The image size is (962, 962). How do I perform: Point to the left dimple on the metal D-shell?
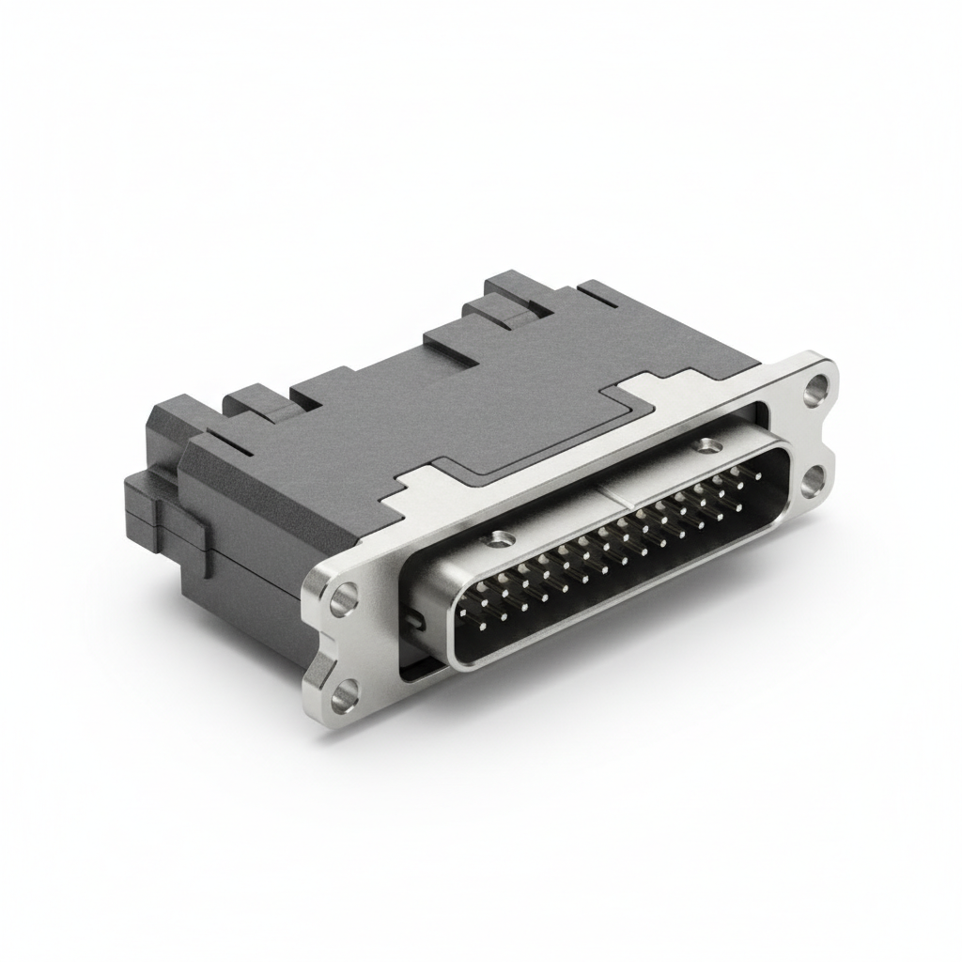coord(499,540)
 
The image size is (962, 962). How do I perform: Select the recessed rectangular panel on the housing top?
coord(526,413)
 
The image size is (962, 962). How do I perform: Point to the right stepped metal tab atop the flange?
coord(648,385)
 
